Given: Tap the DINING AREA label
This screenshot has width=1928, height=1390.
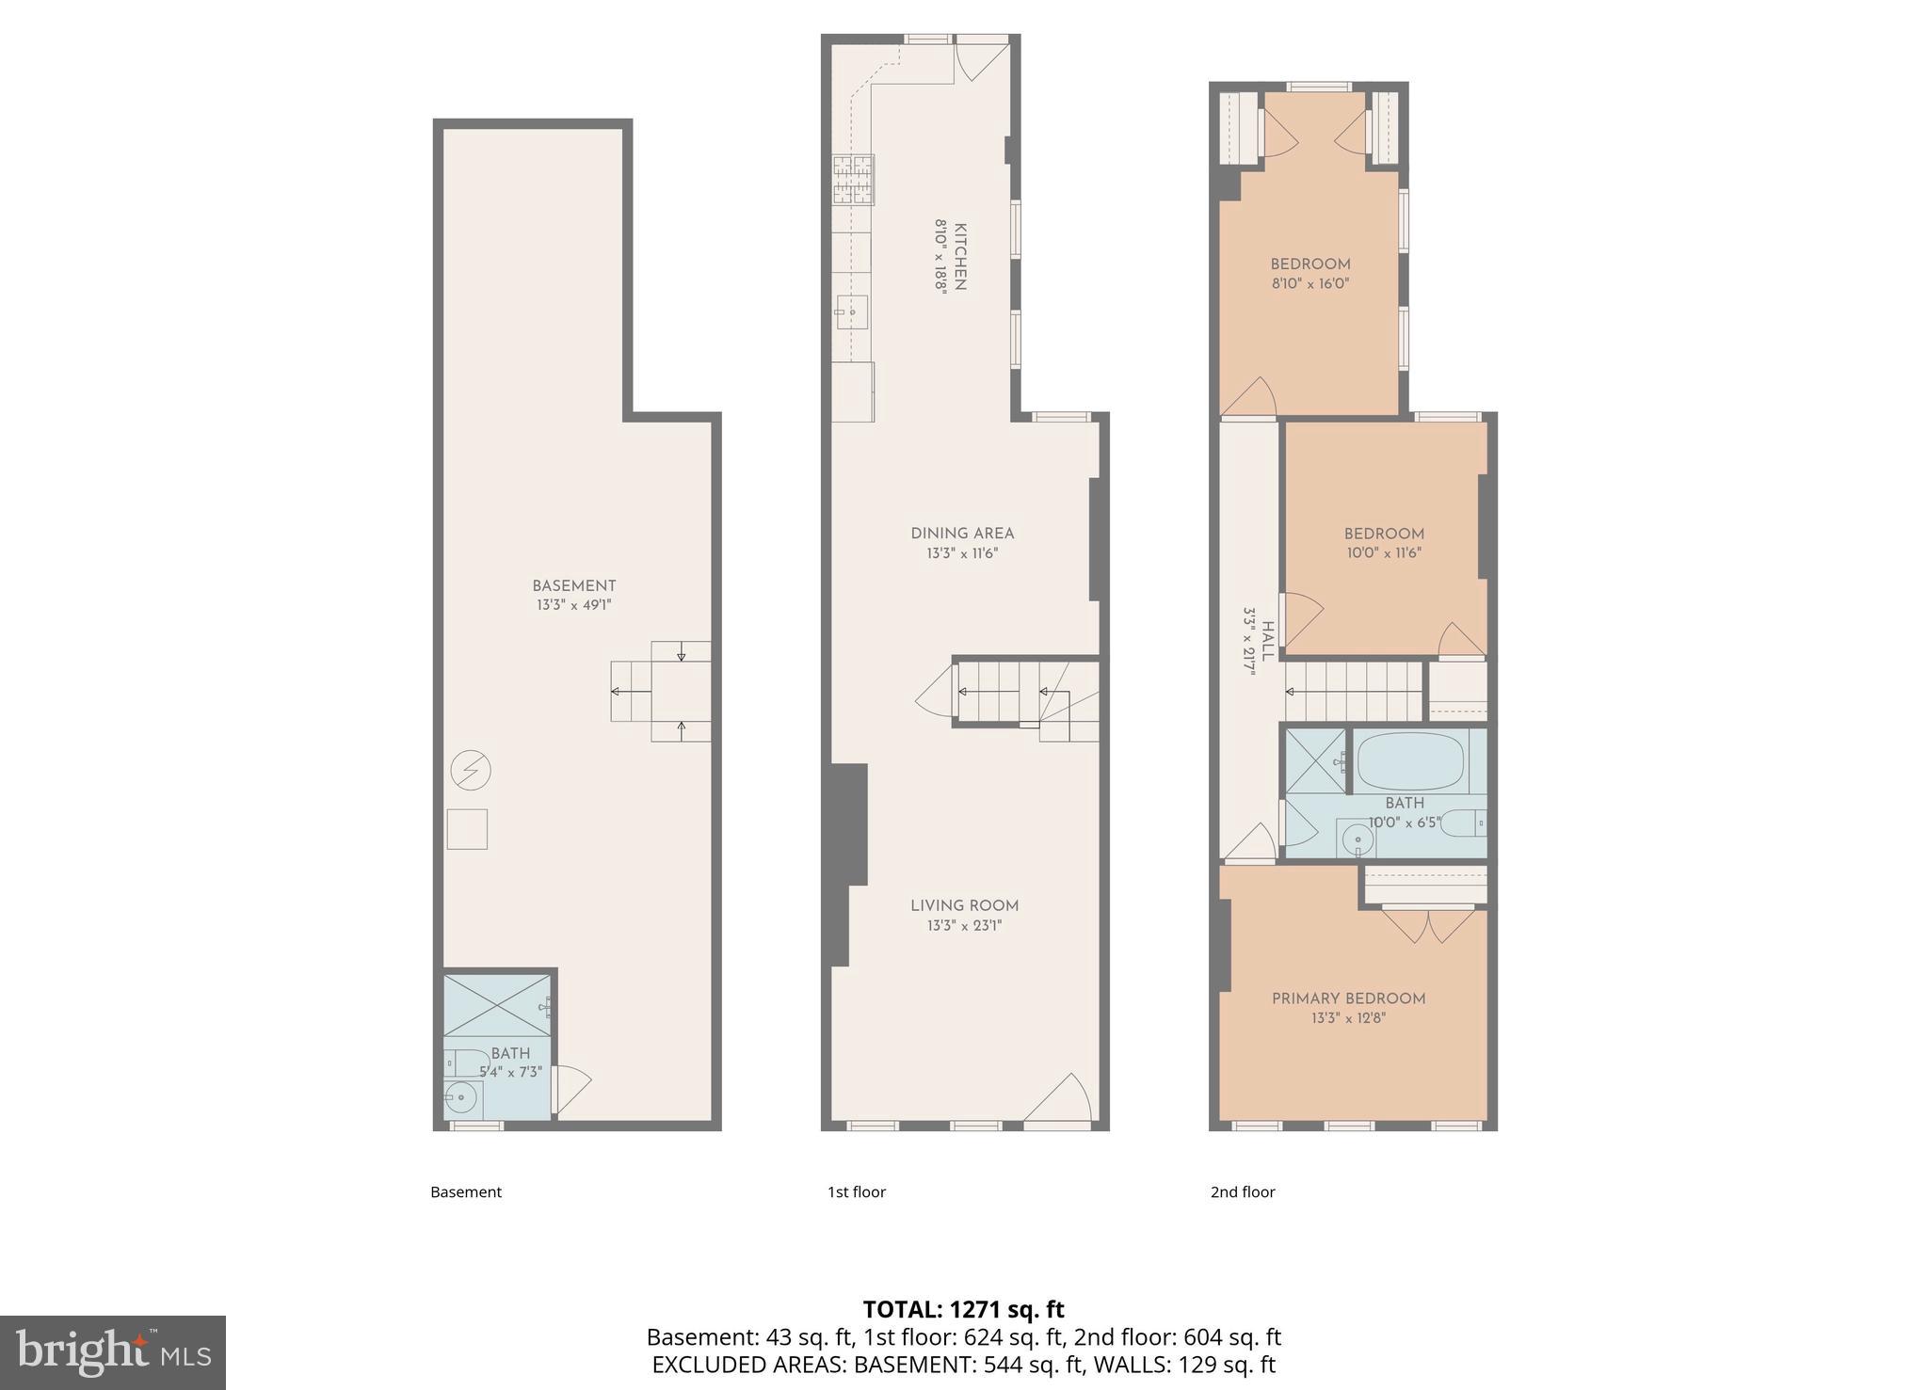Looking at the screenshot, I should point(961,533).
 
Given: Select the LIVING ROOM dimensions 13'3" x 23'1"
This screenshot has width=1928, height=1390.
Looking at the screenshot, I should point(964,925).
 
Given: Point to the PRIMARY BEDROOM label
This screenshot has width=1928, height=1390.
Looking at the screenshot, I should point(1348,999).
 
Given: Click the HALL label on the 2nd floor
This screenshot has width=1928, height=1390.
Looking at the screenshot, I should point(1268,641).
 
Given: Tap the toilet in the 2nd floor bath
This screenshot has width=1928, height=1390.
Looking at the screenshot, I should point(1463,823).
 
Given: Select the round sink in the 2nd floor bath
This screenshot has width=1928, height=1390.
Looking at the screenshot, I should point(1357,839).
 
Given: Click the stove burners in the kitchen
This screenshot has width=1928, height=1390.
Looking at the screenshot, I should point(853,180).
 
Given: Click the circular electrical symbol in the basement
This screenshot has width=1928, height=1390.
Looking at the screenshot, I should point(470,771).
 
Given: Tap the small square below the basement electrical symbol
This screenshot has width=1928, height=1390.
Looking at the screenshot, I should point(467,829).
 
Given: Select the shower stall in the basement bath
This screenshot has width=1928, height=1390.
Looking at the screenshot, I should point(497,1006).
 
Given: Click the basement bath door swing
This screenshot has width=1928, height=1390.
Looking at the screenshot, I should point(571,1088).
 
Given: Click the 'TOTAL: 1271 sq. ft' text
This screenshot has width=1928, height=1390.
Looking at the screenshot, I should point(963,1309).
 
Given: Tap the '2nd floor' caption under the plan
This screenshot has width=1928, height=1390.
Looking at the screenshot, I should point(1242,1191).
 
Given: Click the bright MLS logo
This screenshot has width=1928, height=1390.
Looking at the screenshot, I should point(113,1353).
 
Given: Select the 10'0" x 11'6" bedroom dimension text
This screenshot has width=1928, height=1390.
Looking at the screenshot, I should point(1383,553).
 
